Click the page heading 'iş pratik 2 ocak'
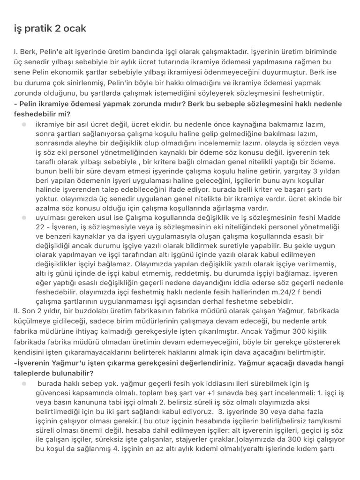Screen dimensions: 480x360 50,29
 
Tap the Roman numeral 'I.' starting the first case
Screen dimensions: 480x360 15,52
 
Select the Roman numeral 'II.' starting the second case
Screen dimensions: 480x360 18,311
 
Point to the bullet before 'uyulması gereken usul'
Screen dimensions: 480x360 23,218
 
